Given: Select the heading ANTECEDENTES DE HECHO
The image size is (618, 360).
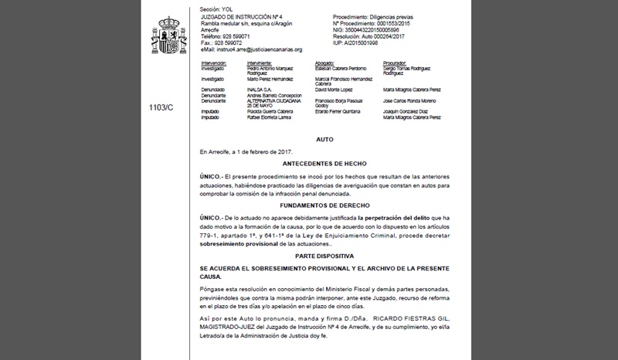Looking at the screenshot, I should pos(325,164).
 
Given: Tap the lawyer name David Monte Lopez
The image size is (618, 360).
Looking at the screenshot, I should pos(341,90).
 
